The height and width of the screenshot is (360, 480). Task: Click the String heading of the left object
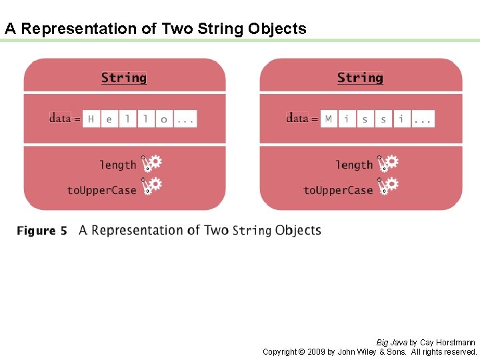coord(124,78)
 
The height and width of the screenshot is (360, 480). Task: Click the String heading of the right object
coord(360,78)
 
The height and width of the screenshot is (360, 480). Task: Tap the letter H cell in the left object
coord(91,119)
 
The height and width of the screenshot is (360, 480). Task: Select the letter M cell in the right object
coord(328,119)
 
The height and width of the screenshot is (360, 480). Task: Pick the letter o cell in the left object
coord(164,119)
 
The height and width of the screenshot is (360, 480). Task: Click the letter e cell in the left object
coord(109,119)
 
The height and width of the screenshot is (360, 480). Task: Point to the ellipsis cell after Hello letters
coord(185,119)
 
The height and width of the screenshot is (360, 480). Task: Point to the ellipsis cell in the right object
coord(423,119)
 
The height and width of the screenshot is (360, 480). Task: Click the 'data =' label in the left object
coord(65,119)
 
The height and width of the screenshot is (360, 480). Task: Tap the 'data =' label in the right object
coord(302,119)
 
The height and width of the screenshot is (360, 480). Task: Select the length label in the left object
coord(117,165)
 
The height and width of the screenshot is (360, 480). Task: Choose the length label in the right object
coord(354,165)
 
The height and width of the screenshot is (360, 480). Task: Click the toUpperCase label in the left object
coord(101,190)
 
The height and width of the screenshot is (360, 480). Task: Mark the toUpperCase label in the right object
coord(338,190)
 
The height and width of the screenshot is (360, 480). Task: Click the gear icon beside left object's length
coord(152,163)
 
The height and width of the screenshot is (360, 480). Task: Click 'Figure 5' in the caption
coord(42,231)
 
